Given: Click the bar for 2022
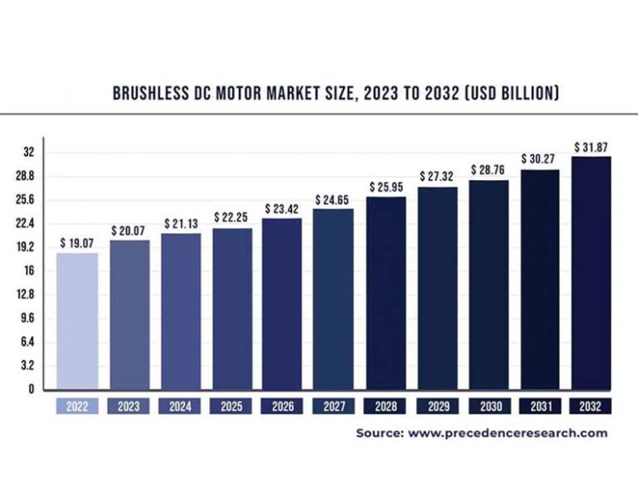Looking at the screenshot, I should coord(77,320).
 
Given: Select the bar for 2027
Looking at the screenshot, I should coord(333,298).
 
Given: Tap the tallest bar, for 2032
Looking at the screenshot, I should coord(591,272).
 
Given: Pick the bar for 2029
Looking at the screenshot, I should coord(437,287).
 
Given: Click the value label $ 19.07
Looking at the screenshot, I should coord(76,243).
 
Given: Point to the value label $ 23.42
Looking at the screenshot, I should coord(282,208).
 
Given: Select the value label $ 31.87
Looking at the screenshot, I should coord(591,147).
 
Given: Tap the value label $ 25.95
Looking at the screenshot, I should coord(385,185).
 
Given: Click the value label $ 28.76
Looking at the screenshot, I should coord(488,169).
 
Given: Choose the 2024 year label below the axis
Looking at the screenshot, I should coord(180,407).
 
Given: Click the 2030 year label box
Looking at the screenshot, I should coord(488,407).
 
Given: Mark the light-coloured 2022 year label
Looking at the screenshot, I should coord(77,407).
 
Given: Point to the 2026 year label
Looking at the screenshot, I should coord(282,407).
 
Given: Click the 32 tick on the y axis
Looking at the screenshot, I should coord(28,152).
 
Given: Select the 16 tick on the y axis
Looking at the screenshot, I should coord(28,270).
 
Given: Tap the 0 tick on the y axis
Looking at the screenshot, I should coord(31,388).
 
